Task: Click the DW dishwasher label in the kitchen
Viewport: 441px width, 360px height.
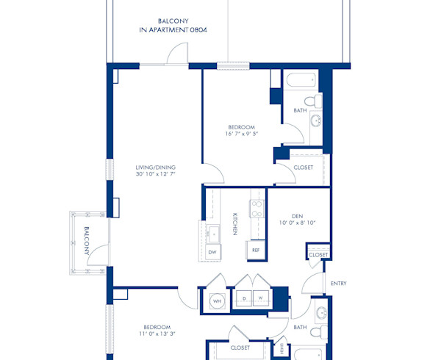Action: point(212,252)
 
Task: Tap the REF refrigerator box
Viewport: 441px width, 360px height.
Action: point(256,250)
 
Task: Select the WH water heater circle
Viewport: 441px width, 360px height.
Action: point(218,300)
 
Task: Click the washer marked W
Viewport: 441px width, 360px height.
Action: point(260,299)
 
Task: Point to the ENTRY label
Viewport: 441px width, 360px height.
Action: point(339,284)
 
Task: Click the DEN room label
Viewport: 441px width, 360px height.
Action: point(297,215)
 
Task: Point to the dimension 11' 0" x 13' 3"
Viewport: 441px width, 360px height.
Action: point(157,334)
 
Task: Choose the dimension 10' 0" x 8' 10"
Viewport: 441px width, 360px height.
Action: point(297,223)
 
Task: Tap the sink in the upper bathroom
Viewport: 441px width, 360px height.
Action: point(316,121)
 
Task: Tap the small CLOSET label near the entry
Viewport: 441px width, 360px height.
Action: point(318,254)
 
